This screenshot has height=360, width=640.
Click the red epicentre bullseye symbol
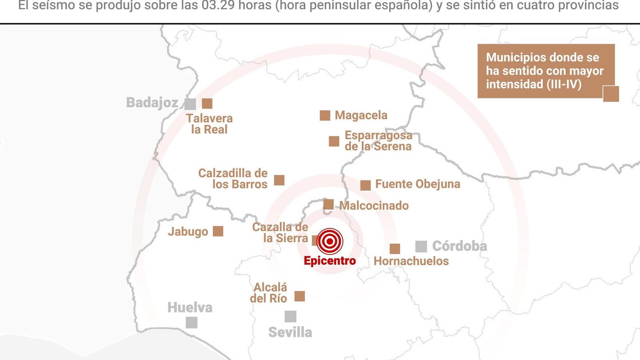click(x=330, y=241)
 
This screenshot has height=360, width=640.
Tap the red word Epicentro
click(x=330, y=261)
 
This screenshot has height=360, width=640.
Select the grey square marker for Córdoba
click(x=421, y=246)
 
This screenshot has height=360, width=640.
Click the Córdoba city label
click(x=459, y=246)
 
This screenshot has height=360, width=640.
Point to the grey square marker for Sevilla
click(x=290, y=316)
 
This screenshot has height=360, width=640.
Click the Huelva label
click(x=190, y=308)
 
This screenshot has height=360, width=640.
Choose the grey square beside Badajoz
click(x=190, y=104)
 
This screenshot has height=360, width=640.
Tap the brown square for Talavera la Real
click(x=207, y=103)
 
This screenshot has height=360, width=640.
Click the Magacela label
click(x=361, y=115)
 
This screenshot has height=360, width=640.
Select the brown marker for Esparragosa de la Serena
click(x=334, y=141)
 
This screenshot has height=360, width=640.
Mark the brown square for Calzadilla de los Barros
click(x=279, y=180)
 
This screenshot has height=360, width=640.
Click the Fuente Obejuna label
click(x=417, y=184)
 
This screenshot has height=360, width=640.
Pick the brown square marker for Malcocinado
click(x=328, y=204)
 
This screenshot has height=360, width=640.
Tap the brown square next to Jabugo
click(x=218, y=231)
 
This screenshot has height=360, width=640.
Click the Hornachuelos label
click(x=411, y=261)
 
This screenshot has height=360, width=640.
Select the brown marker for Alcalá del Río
click(x=300, y=296)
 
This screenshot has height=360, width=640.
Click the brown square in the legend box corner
click(x=611, y=94)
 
